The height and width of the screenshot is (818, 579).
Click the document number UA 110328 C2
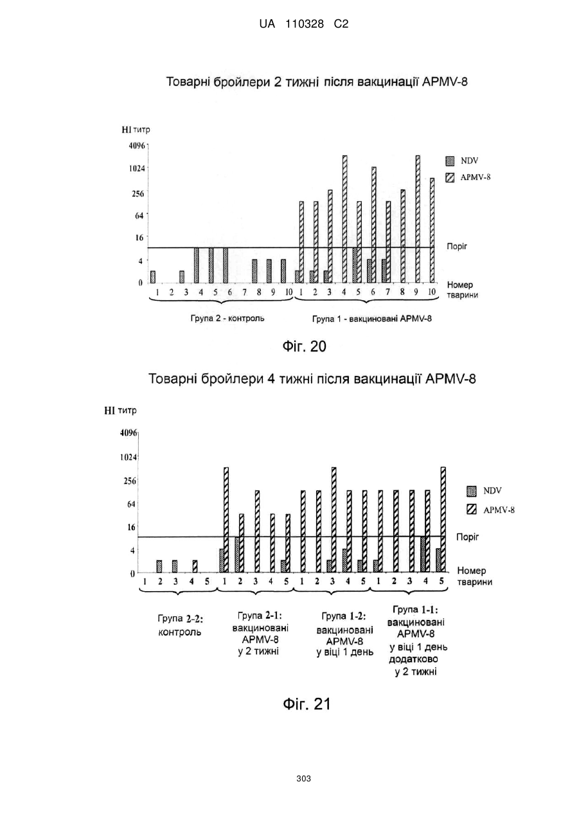pyautogui.click(x=303, y=24)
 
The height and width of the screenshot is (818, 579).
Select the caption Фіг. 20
pyautogui.click(x=305, y=346)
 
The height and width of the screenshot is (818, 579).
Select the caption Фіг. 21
pyautogui.click(x=307, y=704)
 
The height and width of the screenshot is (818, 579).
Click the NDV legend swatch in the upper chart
pyautogui.click(x=450, y=161)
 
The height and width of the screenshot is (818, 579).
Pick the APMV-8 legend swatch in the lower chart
pyautogui.click(x=472, y=509)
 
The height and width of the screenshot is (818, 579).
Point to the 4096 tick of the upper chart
pyautogui.click(x=138, y=146)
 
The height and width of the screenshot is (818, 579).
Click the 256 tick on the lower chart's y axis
pyautogui.click(x=129, y=481)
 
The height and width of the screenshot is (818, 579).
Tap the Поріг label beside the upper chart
pyautogui.click(x=457, y=247)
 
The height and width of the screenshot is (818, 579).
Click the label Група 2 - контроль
pyautogui.click(x=227, y=318)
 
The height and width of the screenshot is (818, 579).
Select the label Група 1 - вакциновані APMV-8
pyautogui.click(x=372, y=319)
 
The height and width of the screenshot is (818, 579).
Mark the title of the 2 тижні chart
pyautogui.click(x=317, y=82)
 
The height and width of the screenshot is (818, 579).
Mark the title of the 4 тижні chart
pyautogui.click(x=312, y=379)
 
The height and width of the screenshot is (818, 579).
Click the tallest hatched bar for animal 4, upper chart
pyautogui.click(x=344, y=219)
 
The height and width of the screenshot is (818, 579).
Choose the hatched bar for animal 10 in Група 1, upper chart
pyautogui.click(x=432, y=231)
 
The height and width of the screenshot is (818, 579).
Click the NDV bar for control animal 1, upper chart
pyautogui.click(x=153, y=277)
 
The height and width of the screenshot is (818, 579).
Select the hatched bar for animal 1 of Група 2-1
pyautogui.click(x=226, y=520)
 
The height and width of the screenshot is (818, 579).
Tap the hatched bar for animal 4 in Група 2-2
pyautogui.click(x=195, y=566)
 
